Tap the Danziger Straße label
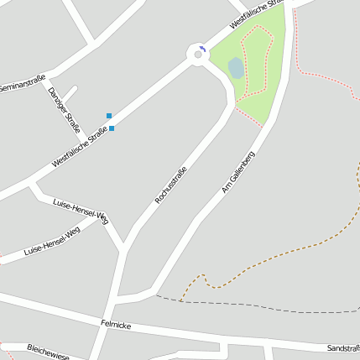click(64, 110)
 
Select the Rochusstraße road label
click(170, 185)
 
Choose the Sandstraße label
click(342, 347)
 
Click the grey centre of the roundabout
click(199, 55)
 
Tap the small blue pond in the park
click(236, 68)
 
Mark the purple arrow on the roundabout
click(203, 47)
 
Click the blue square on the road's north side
click(108, 116)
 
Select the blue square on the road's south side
click(112, 128)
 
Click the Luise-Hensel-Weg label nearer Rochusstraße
click(81, 211)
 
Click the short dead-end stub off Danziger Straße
click(70, 92)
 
